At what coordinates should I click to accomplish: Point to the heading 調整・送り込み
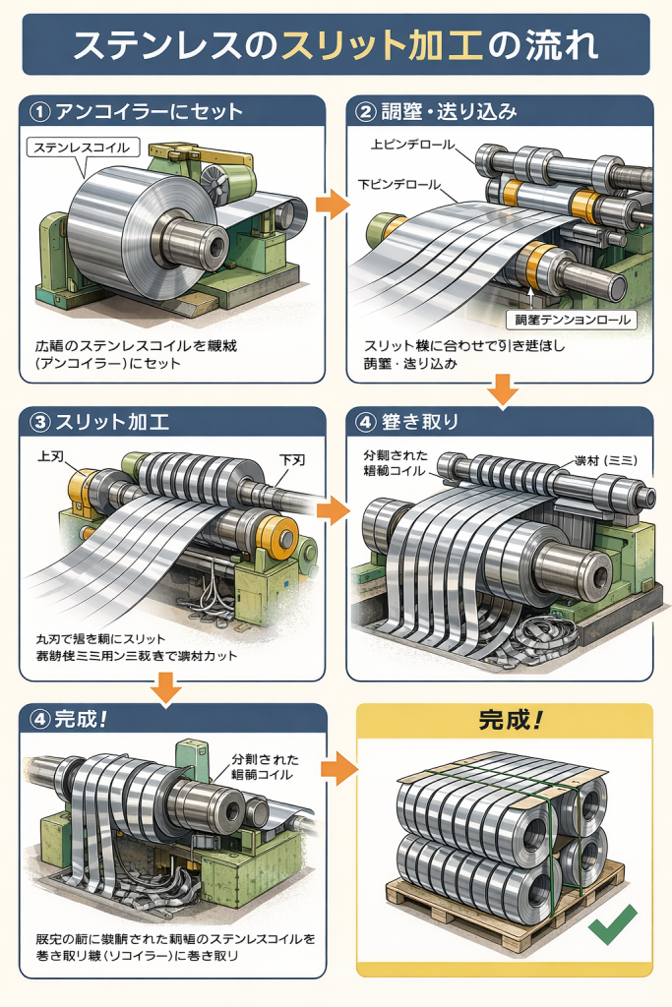(447, 111)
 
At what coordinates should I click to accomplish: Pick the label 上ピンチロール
(413, 144)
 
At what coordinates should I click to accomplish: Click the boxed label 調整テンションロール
(571, 320)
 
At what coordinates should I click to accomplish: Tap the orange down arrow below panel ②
(503, 388)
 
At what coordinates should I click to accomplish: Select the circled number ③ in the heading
(40, 423)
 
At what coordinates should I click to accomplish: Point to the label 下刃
(292, 458)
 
